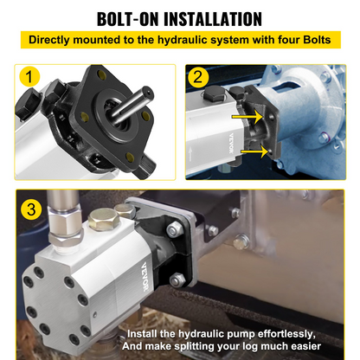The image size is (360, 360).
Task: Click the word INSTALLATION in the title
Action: (x=213, y=19)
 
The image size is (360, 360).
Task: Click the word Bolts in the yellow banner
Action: (x=317, y=40)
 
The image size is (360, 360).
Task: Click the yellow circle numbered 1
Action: (x=29, y=76)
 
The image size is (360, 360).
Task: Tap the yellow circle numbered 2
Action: (x=198, y=77)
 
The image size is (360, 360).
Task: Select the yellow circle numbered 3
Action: (x=31, y=209)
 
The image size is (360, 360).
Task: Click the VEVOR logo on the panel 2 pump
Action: (x=231, y=143)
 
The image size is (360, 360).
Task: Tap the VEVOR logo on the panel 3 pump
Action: (x=145, y=276)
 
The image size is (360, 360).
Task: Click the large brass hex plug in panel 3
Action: (x=104, y=220)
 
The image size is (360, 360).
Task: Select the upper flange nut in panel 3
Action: (x=174, y=230)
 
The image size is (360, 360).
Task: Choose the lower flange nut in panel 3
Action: (x=177, y=280)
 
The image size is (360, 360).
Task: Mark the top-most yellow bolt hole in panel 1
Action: (x=102, y=74)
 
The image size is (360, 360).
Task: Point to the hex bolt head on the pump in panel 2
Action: (x=215, y=93)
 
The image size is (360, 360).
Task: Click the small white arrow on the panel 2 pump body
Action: (x=190, y=154)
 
